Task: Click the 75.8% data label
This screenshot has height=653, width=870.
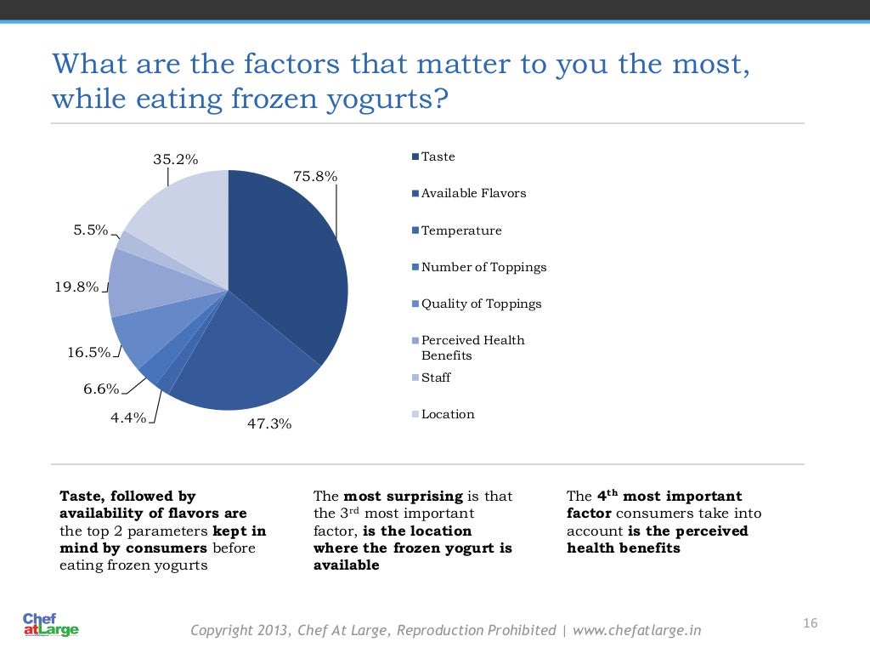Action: [315, 177]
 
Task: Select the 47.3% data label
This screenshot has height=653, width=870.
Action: [269, 423]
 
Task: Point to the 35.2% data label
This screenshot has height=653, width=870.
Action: [175, 159]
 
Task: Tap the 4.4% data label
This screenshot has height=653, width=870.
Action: [127, 417]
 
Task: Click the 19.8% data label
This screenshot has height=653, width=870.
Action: [76, 287]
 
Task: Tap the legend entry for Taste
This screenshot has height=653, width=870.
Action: [438, 156]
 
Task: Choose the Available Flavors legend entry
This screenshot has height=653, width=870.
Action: [473, 193]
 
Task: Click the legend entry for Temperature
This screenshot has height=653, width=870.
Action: [461, 230]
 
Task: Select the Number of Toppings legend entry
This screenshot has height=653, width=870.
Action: [483, 267]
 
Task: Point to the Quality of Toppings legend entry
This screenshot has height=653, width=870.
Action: [481, 304]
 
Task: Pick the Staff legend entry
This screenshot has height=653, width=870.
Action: [436, 378]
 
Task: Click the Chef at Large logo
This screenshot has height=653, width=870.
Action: [50, 625]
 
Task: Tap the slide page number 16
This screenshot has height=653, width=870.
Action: [810, 624]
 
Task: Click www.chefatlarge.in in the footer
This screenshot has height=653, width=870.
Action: [637, 630]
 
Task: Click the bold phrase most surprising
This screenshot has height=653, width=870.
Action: [403, 496]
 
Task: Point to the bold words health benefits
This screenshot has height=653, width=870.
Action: [624, 548]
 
